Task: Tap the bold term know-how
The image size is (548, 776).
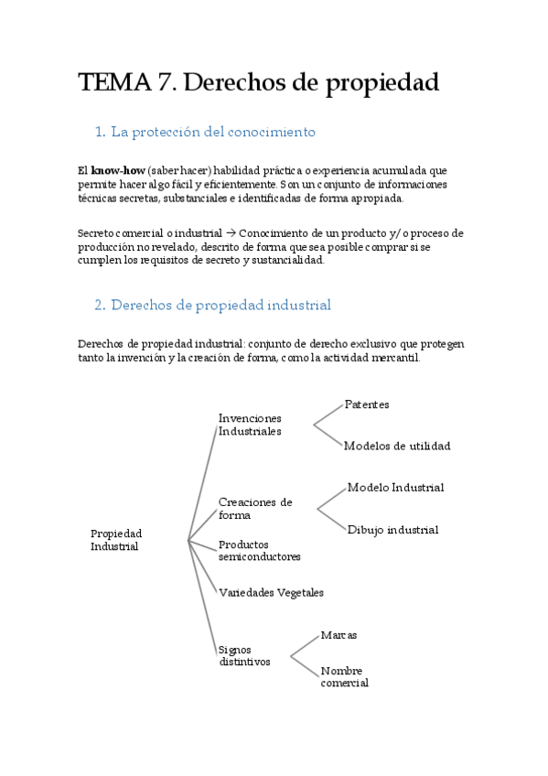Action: (118, 170)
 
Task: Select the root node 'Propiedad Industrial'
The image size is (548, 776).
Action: (116, 540)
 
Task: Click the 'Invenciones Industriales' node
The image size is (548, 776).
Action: (250, 425)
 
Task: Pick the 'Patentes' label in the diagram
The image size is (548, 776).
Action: (367, 404)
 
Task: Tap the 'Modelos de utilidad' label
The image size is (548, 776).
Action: (397, 447)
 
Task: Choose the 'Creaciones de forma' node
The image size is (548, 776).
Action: (255, 508)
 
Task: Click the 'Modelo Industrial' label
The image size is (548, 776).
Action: (395, 488)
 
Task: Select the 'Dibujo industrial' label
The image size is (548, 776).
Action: (392, 530)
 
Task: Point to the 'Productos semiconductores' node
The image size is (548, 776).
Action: (259, 550)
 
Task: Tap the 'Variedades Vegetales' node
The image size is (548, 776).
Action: (271, 592)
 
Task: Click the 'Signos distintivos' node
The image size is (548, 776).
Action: (244, 655)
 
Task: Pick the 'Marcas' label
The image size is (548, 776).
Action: (338, 635)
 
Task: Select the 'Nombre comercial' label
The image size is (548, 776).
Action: (344, 677)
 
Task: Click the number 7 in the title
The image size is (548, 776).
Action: (166, 83)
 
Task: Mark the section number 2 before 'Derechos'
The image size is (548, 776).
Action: (99, 305)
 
